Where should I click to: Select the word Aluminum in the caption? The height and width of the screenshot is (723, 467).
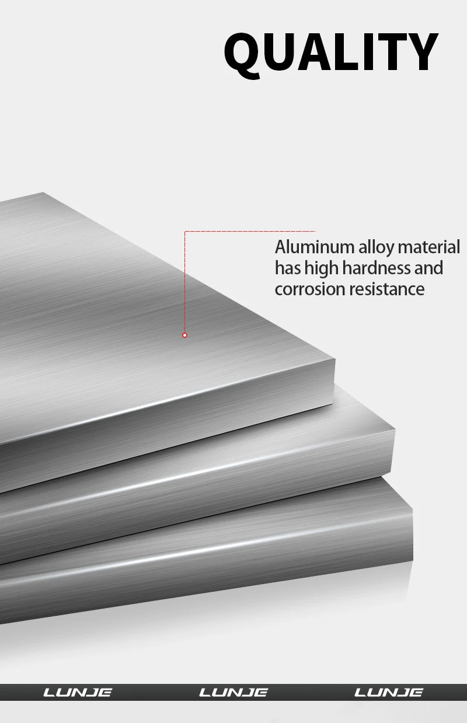click(314, 247)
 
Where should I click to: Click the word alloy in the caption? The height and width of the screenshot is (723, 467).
click(376, 248)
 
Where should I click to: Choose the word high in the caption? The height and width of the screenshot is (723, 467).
click(322, 269)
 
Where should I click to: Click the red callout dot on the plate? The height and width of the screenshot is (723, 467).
click(184, 335)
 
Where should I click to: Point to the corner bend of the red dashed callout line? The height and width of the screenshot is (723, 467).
click(185, 232)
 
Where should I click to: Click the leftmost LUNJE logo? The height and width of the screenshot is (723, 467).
click(78, 693)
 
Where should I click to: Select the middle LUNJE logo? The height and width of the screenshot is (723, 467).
click(233, 693)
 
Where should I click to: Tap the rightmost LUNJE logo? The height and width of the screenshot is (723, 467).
click(389, 693)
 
